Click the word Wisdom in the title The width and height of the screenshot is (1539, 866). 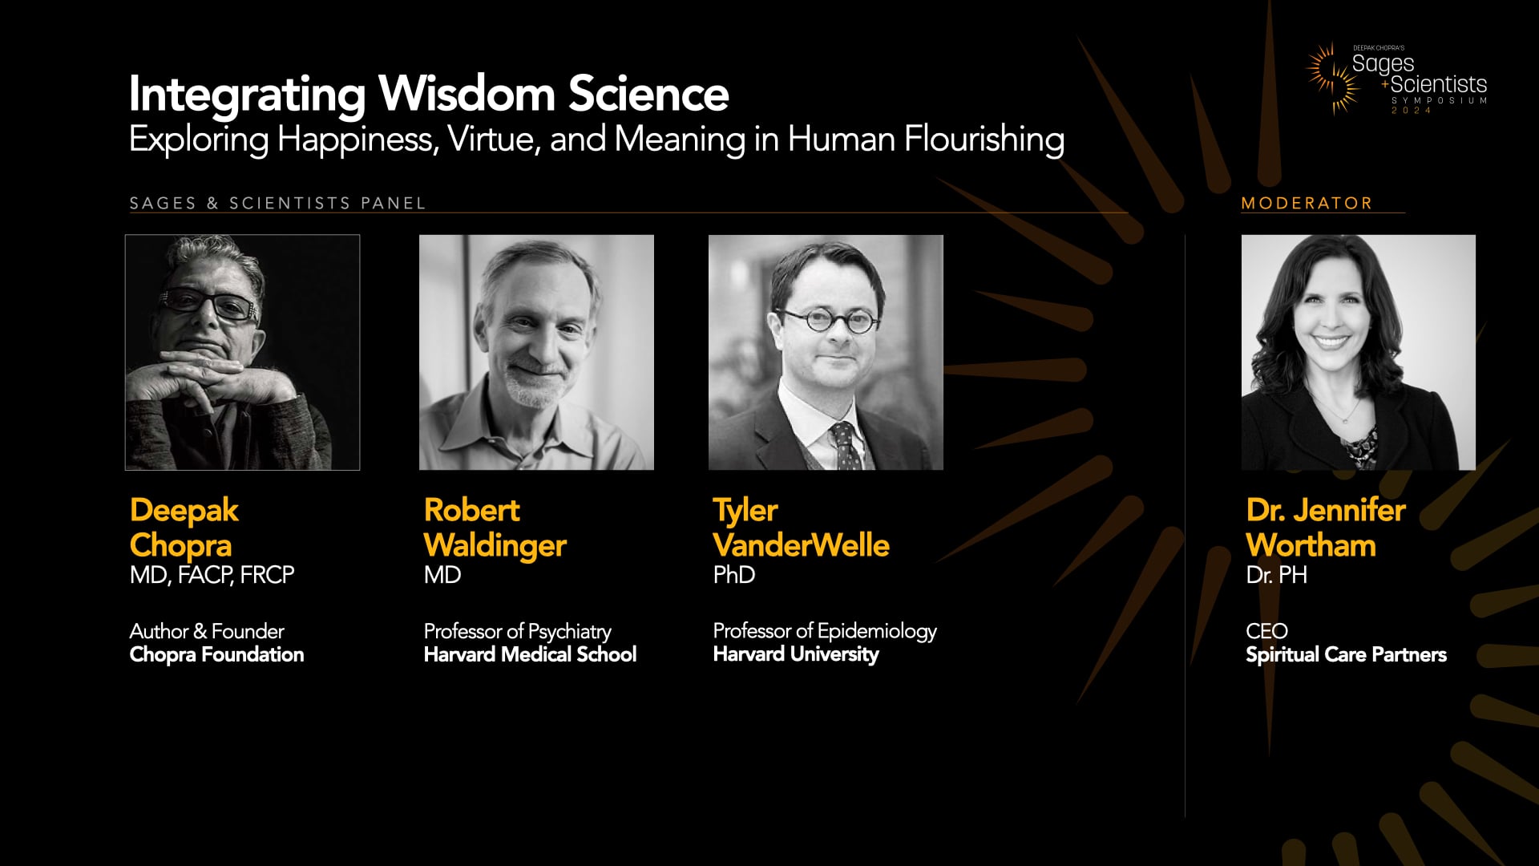point(467,95)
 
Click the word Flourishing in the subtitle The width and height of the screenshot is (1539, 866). point(984,140)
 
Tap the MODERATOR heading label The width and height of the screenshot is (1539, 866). point(1307,204)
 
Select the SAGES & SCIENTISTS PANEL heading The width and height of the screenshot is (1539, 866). point(277,204)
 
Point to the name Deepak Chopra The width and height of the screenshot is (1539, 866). point(184,528)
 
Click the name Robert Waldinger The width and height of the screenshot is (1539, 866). point(495,528)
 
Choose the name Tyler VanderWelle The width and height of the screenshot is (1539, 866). point(800,528)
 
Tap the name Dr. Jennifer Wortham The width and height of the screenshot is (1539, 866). point(1325,528)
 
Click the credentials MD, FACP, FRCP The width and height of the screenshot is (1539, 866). point(212,575)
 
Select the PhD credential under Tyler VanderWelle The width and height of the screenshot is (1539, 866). point(733,575)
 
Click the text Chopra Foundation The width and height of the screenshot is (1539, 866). point(216,654)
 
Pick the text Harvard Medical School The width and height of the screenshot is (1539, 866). point(530,654)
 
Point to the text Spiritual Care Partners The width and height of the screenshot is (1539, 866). point(1346,654)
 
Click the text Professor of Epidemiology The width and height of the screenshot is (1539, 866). point(824,631)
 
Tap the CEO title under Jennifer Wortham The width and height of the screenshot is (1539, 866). point(1266,631)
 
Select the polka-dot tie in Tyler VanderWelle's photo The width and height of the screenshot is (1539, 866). point(845,446)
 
